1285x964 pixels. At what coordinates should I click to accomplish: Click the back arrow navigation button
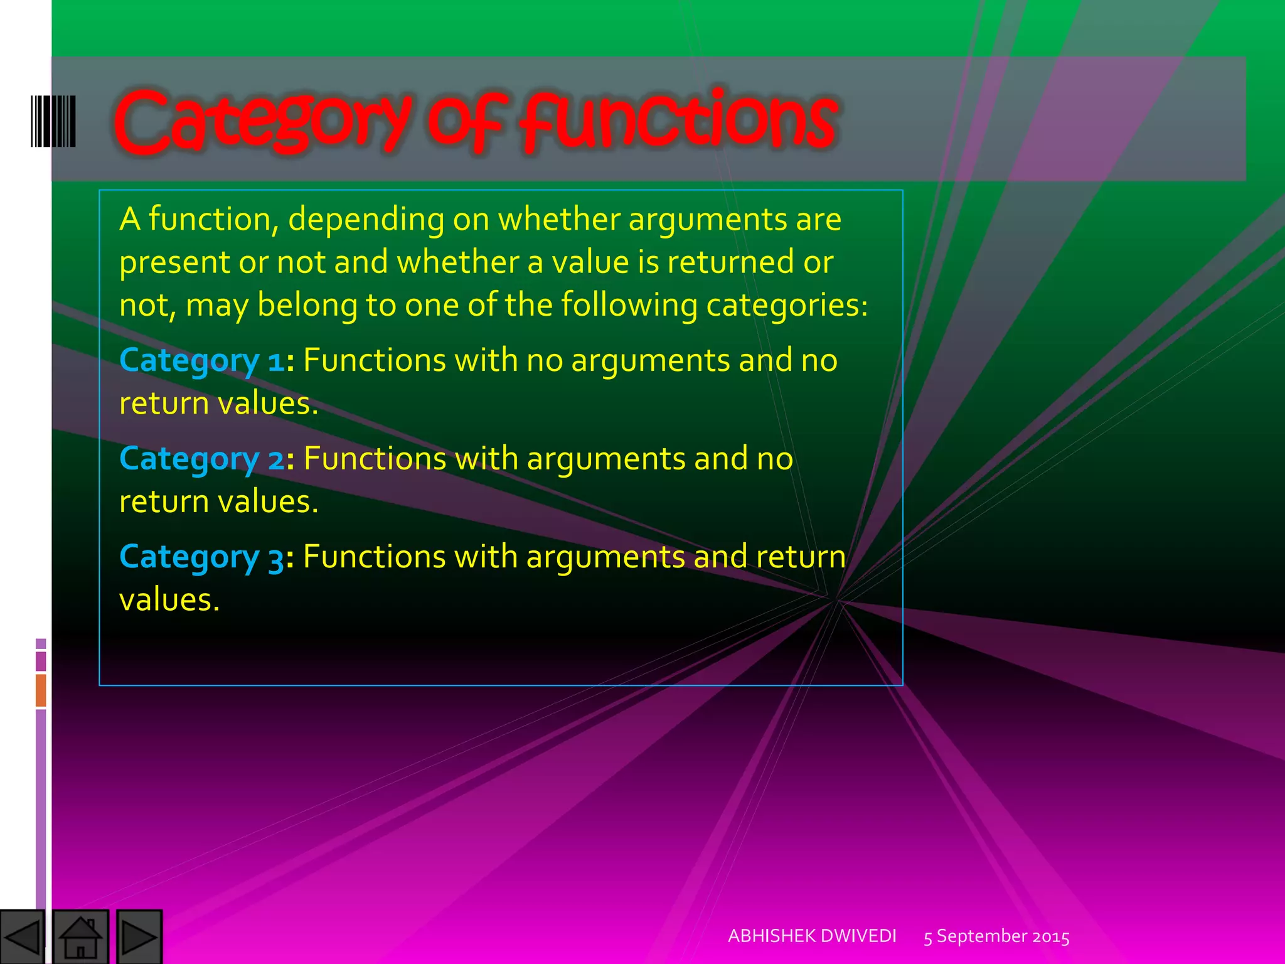coord(23,937)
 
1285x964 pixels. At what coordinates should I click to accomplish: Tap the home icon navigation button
coord(80,937)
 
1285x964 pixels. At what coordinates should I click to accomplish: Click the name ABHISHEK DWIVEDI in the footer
coord(812,936)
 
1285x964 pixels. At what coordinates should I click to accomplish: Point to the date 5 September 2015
coord(996,937)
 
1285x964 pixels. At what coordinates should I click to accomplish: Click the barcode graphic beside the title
coord(53,121)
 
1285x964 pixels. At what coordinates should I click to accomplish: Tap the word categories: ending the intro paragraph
coord(787,306)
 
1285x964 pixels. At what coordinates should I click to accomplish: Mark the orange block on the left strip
coord(41,690)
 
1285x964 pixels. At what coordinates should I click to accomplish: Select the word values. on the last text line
coord(169,600)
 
